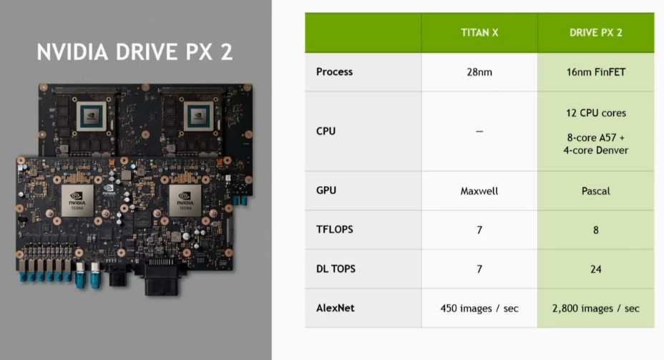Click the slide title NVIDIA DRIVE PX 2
pyautogui.click(x=135, y=53)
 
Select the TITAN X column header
pyautogui.click(x=479, y=33)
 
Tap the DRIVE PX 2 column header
pyautogui.click(x=595, y=33)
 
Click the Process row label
pyautogui.click(x=334, y=72)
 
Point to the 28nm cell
pyautogui.click(x=479, y=72)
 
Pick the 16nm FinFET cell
pyautogui.click(x=595, y=72)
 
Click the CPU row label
pyautogui.click(x=326, y=131)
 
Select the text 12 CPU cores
pyautogui.click(x=595, y=113)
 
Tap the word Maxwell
pyautogui.click(x=479, y=191)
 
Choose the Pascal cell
pyautogui.click(x=595, y=191)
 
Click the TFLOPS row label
pyautogui.click(x=333, y=230)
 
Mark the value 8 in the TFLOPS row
pyautogui.click(x=595, y=230)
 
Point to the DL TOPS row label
pyautogui.click(x=336, y=269)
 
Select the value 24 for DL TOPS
pyautogui.click(x=595, y=269)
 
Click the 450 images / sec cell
pyautogui.click(x=479, y=308)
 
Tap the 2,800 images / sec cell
pyautogui.click(x=595, y=308)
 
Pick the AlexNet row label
pyautogui.click(x=336, y=308)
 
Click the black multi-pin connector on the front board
pyautogui.click(x=165, y=276)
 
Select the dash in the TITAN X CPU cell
pyautogui.click(x=479, y=132)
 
